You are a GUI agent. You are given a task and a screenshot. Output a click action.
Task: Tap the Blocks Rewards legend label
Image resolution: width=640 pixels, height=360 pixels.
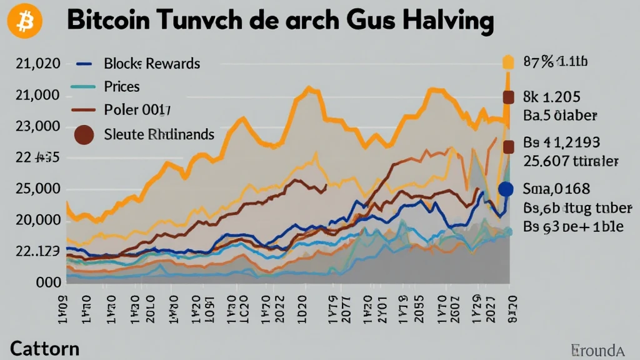[x=152, y=63]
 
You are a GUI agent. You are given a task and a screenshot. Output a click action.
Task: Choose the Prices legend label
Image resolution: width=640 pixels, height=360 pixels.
[x=122, y=86]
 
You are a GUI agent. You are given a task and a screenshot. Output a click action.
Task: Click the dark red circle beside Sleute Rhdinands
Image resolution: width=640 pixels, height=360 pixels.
[x=84, y=134]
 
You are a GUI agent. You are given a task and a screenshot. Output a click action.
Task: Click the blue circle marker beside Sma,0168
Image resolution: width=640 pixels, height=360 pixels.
[x=506, y=189]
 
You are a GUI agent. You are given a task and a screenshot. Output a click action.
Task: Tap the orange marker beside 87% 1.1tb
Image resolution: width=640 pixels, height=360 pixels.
[x=508, y=62]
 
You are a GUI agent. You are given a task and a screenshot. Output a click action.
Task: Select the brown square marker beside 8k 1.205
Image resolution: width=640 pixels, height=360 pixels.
[x=508, y=97]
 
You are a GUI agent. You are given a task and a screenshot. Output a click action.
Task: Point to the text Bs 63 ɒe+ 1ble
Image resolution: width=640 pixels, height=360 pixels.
[x=573, y=226]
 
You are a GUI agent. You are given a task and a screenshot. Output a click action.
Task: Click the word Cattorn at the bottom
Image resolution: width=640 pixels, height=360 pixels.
[x=44, y=348]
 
